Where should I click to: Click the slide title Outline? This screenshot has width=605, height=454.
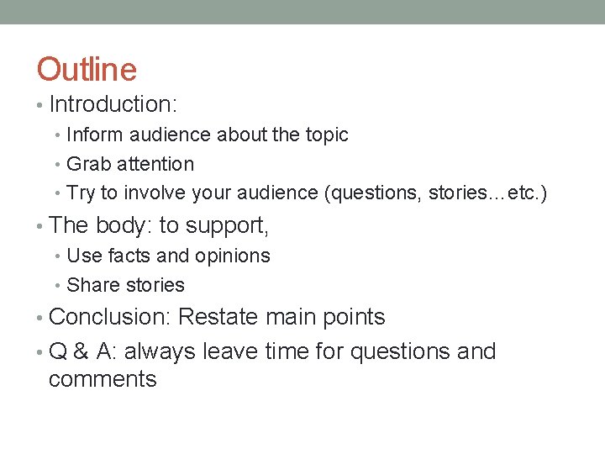click(87, 69)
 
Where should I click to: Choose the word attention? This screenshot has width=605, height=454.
click(156, 164)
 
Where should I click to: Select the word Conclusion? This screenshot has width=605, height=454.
click(109, 317)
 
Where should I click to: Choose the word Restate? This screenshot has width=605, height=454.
click(219, 317)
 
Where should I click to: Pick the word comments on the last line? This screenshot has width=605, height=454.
click(103, 379)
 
